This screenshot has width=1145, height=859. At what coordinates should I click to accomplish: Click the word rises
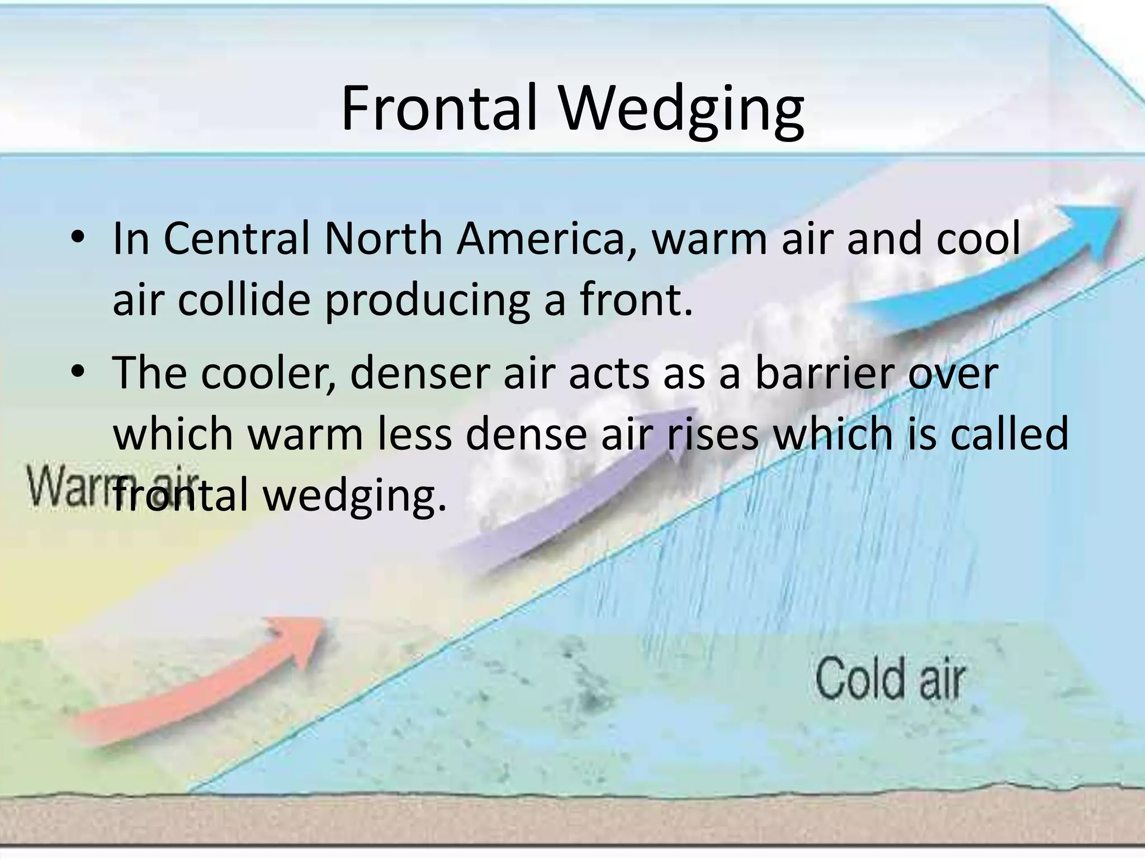coord(712,435)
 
